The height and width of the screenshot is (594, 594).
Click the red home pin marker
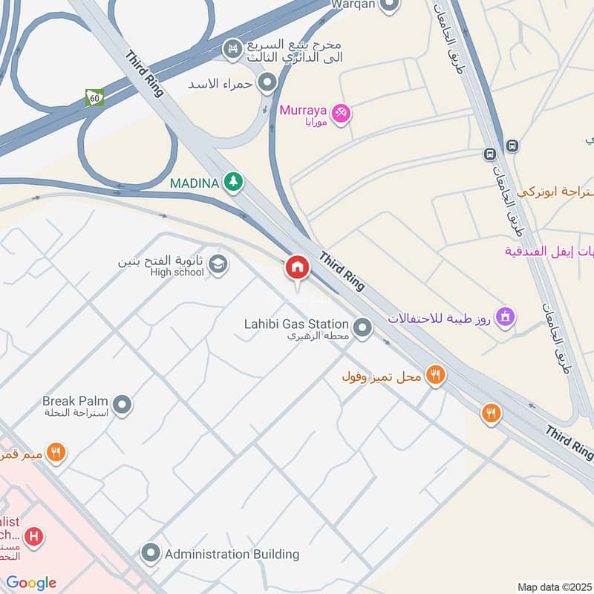click(x=297, y=268)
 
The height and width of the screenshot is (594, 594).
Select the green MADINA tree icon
click(x=234, y=182)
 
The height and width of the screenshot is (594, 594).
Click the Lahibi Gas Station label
click(x=296, y=324)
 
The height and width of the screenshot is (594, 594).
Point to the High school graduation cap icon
click(x=218, y=264)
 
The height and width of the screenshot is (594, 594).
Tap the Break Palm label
click(x=76, y=401)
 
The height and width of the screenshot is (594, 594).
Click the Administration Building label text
click(x=232, y=554)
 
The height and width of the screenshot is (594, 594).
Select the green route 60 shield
click(x=94, y=97)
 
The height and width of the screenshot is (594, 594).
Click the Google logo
click(x=31, y=583)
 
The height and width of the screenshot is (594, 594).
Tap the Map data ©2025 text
click(x=553, y=587)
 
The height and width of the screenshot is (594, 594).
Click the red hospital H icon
click(x=33, y=535)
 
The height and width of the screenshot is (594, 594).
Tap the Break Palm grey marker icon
click(x=123, y=405)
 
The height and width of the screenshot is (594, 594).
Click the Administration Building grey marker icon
click(x=151, y=554)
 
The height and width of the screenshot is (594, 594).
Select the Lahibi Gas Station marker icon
click(x=362, y=327)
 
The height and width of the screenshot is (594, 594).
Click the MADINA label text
click(x=195, y=183)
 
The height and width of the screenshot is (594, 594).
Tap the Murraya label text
click(x=303, y=111)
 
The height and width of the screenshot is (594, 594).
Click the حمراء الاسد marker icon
click(x=267, y=82)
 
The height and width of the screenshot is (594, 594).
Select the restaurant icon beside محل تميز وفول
click(x=435, y=376)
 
